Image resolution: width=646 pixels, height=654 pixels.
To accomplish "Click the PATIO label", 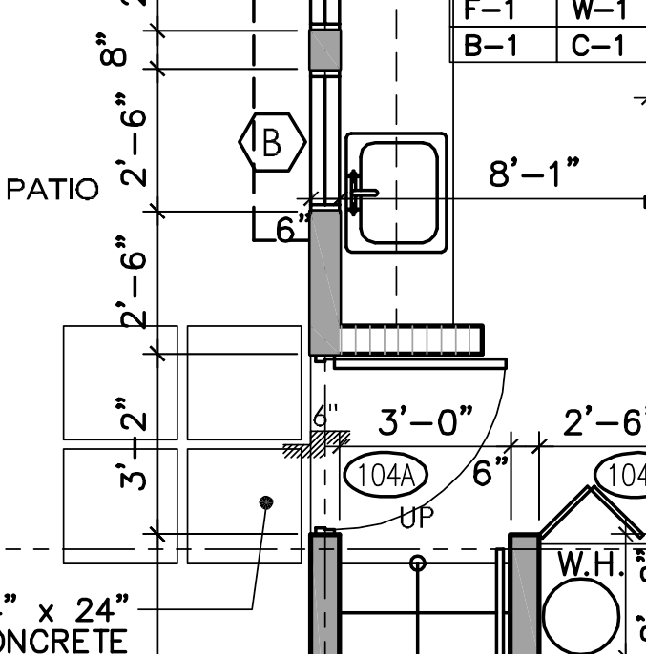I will [52, 190].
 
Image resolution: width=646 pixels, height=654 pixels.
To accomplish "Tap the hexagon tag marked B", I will [272, 142].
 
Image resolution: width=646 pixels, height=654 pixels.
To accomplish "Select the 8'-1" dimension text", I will [534, 175].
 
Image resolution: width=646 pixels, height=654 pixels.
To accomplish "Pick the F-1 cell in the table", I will [502, 11].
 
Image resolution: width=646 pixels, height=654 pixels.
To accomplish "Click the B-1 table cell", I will [502, 45].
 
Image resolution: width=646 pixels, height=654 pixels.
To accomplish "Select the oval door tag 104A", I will [386, 475].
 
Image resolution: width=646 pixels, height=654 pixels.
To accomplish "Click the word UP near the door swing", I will [417, 519].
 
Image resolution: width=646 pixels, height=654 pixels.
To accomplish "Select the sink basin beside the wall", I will [397, 193].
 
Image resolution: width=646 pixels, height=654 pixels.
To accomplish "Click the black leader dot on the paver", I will [267, 501].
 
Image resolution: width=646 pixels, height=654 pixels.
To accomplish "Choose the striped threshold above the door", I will [410, 338].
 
